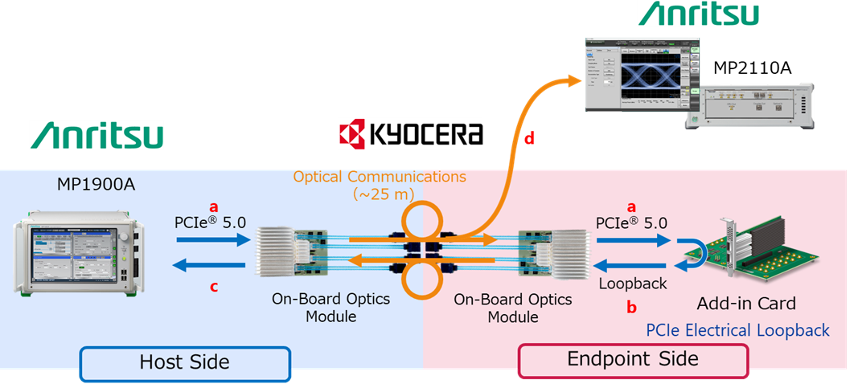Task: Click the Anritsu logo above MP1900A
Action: tap(96, 135)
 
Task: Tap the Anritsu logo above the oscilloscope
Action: tap(698, 14)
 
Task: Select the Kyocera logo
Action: tap(410, 134)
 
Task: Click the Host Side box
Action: tap(184, 362)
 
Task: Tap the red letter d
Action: tap(529, 139)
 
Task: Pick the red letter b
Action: tap(631, 305)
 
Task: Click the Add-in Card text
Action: tap(748, 304)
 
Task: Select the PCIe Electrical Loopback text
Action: tap(737, 330)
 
